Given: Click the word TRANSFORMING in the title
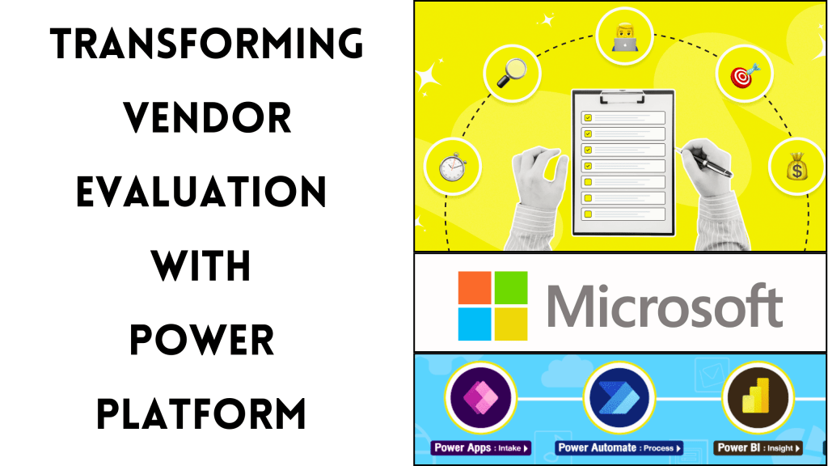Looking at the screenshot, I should pos(207,44).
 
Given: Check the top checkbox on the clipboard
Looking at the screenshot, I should pos(588,117).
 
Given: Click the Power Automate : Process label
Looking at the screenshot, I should pos(619,447).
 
